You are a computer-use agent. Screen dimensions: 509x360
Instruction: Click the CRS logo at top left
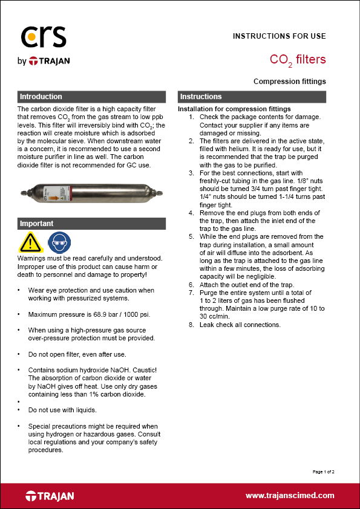pos(42,37)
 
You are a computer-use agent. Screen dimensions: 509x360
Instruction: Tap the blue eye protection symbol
pos(57,242)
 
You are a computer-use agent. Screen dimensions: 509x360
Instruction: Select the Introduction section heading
pos(41,97)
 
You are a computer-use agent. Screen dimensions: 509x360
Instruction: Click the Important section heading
pos(37,224)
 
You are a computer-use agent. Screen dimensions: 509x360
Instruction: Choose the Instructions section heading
pos(201,97)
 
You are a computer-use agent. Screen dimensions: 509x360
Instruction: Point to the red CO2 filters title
pos(297,60)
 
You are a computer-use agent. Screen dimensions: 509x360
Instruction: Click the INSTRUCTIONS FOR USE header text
pos(279,36)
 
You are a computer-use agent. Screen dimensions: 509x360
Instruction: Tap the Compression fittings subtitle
pos(289,82)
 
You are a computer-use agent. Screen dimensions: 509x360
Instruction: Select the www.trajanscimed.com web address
pos(290,496)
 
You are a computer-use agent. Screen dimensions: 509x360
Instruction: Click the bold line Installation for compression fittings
pos(234,109)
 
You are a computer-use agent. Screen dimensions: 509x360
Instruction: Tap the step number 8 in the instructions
pos(192,325)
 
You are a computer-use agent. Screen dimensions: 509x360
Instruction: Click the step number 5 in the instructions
pos(192,237)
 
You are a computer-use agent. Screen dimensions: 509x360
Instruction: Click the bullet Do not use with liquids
pos(63,410)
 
